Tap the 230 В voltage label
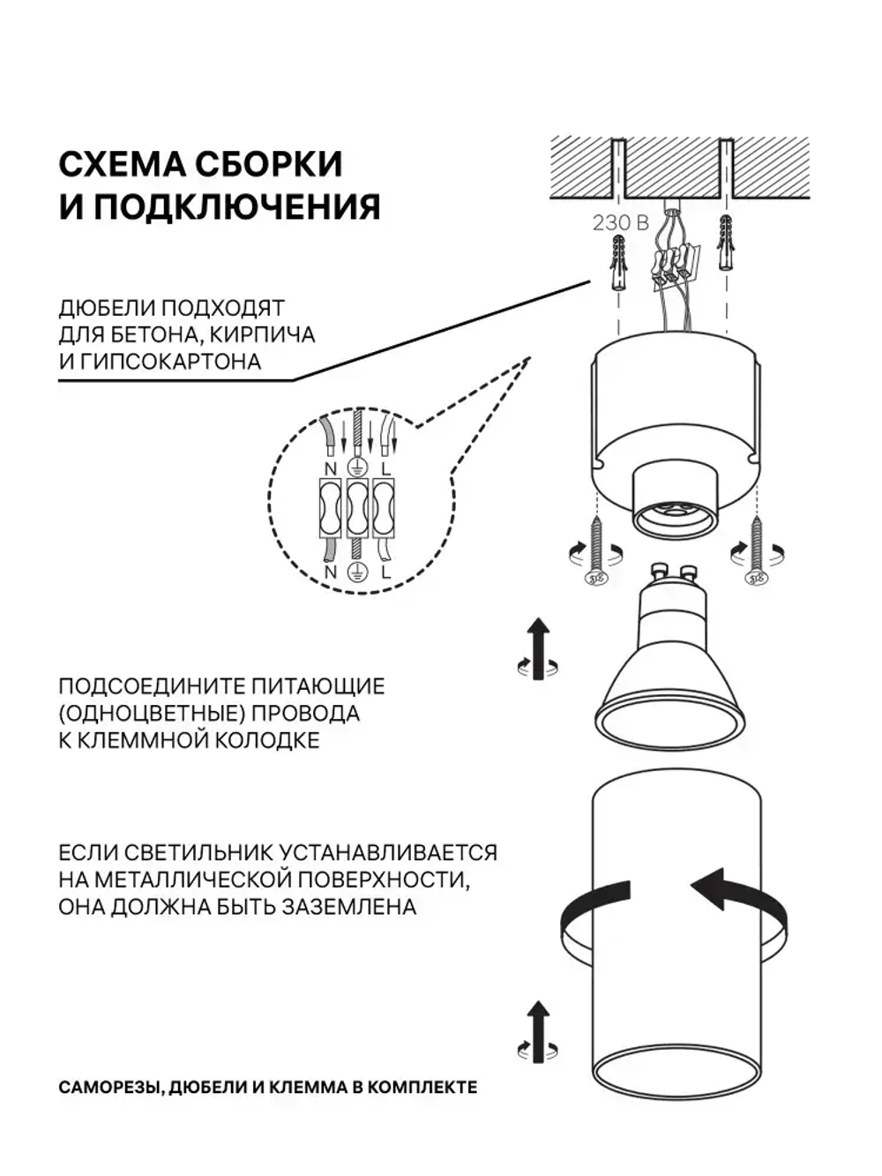621,223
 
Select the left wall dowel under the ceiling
619,264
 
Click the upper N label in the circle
331,468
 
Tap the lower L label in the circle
386,572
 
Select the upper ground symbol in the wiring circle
356,468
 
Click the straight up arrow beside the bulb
538,648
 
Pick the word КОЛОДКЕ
267,740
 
